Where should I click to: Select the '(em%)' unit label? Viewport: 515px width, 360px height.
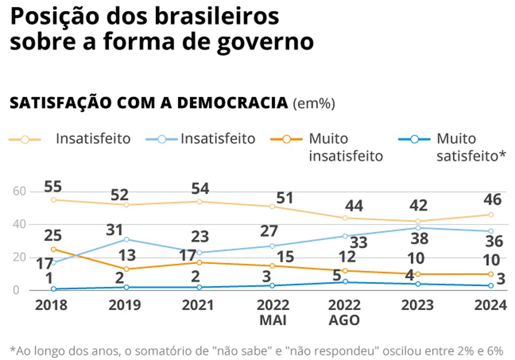click(314, 104)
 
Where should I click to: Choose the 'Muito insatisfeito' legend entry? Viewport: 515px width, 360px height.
click(345, 148)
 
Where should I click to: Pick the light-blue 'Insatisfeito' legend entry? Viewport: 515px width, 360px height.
click(218, 139)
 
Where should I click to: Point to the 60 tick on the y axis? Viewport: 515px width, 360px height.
click(19, 192)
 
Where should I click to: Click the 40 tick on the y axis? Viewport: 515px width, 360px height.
click(19, 224)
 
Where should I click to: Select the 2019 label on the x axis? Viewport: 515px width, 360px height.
click(125, 305)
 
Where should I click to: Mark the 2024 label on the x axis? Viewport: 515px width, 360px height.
click(491, 305)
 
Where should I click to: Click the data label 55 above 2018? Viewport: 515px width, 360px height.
click(54, 187)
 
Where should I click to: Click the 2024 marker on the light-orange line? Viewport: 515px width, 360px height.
click(491, 215)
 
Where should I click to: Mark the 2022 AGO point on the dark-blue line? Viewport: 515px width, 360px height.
click(345, 282)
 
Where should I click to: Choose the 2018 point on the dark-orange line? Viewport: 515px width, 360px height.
click(53, 249)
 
